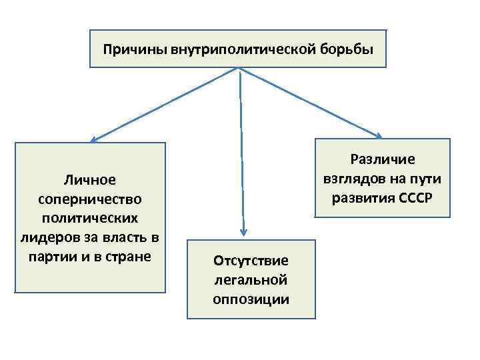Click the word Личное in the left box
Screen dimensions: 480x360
click(x=90, y=179)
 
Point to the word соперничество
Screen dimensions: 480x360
click(x=90, y=199)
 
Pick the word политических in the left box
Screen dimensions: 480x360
click(x=90, y=218)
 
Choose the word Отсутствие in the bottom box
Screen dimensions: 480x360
click(x=251, y=260)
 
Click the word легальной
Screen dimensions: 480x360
click(x=251, y=279)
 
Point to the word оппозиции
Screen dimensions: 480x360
click(x=251, y=299)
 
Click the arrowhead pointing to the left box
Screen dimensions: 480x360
click(x=94, y=139)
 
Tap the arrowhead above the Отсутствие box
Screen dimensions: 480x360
click(x=244, y=232)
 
